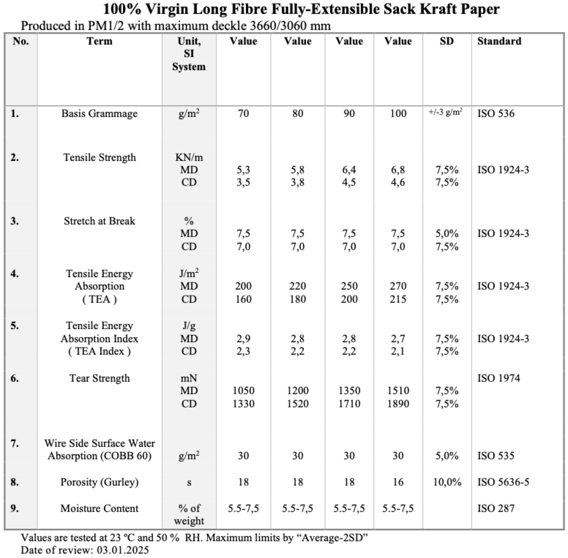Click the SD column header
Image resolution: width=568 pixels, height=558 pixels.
pyautogui.click(x=447, y=41)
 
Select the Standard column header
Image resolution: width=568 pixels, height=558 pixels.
pyautogui.click(x=499, y=41)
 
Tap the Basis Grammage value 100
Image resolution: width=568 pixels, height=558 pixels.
pyautogui.click(x=398, y=113)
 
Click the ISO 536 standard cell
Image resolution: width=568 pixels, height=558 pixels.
pyautogui.click(x=496, y=113)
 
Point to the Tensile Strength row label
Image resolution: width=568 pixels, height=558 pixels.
pyautogui.click(x=99, y=157)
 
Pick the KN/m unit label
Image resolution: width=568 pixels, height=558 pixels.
pyautogui.click(x=189, y=157)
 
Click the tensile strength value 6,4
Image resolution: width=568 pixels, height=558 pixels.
pyautogui.click(x=349, y=170)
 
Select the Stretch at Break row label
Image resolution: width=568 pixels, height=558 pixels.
pyautogui.click(x=99, y=221)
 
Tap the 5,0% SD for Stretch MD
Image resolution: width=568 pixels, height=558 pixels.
pyautogui.click(x=447, y=234)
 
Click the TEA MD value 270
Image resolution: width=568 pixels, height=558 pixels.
pyautogui.click(x=398, y=286)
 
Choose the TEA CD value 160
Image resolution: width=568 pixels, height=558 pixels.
pyautogui.click(x=243, y=299)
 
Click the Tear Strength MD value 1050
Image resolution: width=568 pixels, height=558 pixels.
pyautogui.click(x=243, y=391)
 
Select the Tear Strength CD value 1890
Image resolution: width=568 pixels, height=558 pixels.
pyautogui.click(x=398, y=404)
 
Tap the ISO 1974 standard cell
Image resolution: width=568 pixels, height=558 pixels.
pyautogui.click(x=498, y=378)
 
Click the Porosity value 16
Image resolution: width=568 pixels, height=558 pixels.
pyautogui.click(x=398, y=482)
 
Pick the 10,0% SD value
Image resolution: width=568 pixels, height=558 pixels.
pyautogui.click(x=447, y=482)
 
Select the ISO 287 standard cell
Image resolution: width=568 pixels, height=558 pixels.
pyautogui.click(x=496, y=508)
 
